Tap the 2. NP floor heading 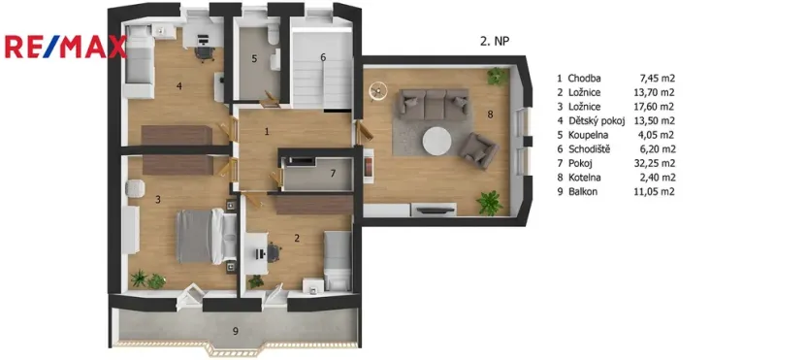pos(496,42)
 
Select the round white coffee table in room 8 pos(438,142)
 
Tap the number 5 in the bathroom pos(255,59)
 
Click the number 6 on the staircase pos(324,57)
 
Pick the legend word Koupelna pos(591,135)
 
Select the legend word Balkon pos(585,192)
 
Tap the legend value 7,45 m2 pos(657,79)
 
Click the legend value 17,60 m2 pos(657,107)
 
